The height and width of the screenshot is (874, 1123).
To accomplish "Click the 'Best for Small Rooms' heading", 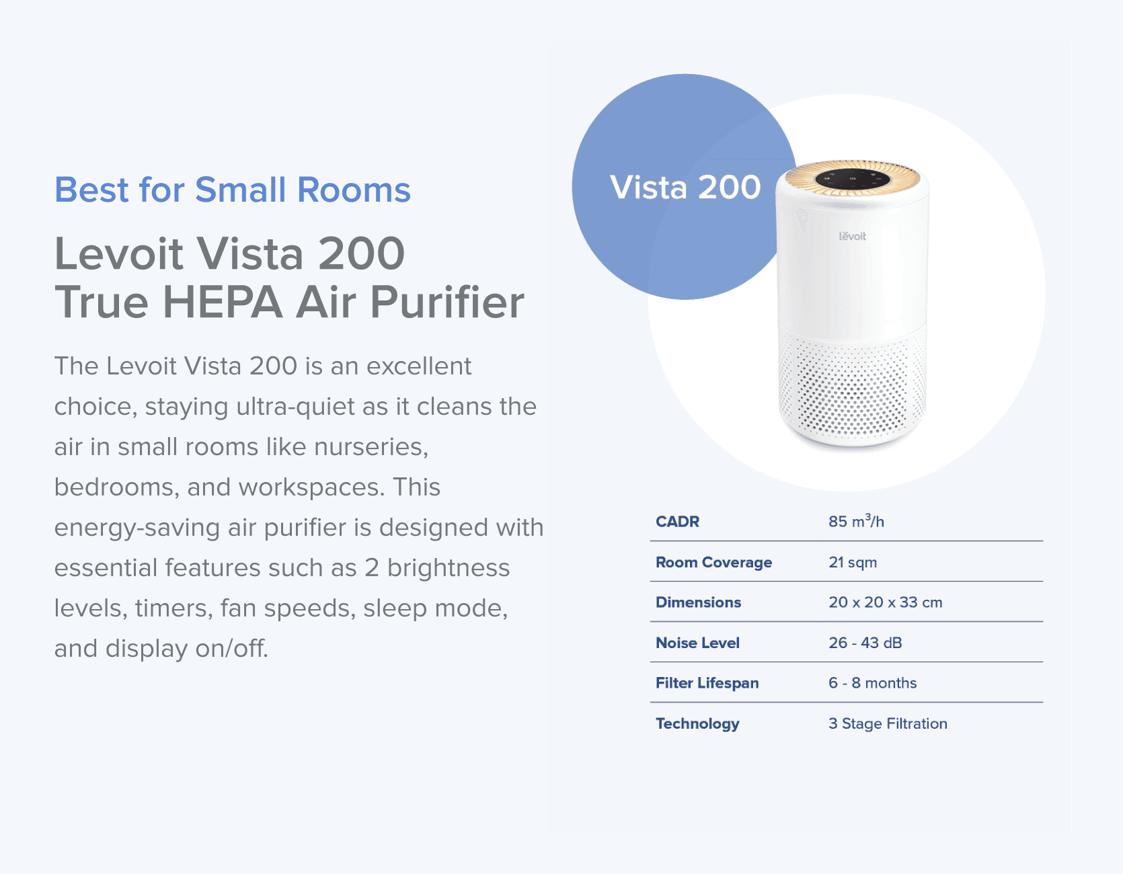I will click(232, 190).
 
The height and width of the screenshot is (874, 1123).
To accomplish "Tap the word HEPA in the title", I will click(222, 303).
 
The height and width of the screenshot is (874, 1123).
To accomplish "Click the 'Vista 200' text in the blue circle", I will click(685, 187).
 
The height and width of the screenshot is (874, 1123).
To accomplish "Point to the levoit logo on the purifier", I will click(852, 236).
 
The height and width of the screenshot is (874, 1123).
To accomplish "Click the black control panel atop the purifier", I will click(853, 179).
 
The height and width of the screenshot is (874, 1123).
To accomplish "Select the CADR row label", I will click(677, 522).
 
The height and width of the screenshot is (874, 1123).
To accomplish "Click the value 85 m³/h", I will click(855, 522).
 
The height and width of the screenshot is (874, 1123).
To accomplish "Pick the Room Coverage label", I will click(713, 562).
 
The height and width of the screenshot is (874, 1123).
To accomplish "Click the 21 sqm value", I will click(852, 562).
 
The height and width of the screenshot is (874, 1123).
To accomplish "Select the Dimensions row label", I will click(698, 602).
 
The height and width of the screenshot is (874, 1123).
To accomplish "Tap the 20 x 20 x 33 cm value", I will click(885, 602).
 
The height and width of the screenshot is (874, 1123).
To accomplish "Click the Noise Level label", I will click(697, 643).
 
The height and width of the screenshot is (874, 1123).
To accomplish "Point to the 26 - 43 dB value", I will click(865, 643).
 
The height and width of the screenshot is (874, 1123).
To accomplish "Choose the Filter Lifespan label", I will click(707, 683).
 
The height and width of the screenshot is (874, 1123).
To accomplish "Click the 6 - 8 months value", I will click(872, 683).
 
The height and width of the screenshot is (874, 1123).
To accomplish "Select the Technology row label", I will click(697, 723).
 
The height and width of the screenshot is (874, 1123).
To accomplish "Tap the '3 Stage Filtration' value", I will click(888, 723).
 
